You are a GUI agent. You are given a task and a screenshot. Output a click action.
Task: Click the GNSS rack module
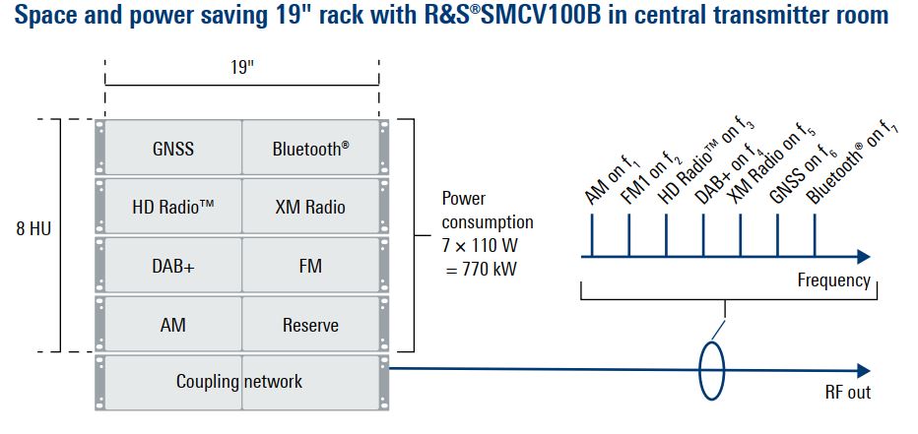pyautogui.click(x=173, y=149)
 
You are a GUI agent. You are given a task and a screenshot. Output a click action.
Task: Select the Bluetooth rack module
pyautogui.click(x=310, y=149)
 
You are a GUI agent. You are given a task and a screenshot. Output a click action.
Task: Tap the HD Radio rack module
pyautogui.click(x=173, y=207)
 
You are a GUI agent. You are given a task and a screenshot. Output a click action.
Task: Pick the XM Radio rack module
pyautogui.click(x=310, y=207)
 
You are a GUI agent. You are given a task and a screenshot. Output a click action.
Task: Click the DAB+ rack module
pyautogui.click(x=173, y=266)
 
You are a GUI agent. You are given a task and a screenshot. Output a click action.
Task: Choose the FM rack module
pyautogui.click(x=310, y=266)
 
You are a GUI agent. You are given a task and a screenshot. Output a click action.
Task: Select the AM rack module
pyautogui.click(x=173, y=325)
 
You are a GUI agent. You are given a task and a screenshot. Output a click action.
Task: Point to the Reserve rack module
pyautogui.click(x=310, y=325)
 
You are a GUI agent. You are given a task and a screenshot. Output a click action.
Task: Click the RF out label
pyautogui.click(x=847, y=393)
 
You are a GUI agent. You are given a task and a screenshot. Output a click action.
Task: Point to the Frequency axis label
pyautogui.click(x=833, y=280)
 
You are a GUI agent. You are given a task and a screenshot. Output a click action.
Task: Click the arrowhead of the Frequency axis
pyautogui.click(x=863, y=256)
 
